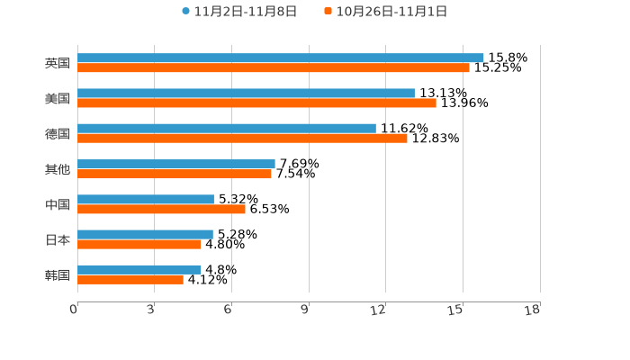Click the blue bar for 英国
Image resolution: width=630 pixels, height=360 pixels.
[x=281, y=58]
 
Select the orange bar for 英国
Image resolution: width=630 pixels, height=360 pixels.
[x=274, y=68]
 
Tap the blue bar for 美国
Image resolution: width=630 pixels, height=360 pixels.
[x=247, y=94]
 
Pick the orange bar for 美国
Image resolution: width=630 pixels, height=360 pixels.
[x=257, y=103]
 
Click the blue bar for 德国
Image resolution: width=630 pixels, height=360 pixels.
[x=227, y=129]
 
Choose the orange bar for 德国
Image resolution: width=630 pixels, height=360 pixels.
[x=243, y=139]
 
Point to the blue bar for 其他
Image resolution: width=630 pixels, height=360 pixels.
[x=176, y=165]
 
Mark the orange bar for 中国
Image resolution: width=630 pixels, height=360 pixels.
[x=162, y=210]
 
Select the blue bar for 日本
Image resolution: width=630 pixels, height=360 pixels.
[x=146, y=235]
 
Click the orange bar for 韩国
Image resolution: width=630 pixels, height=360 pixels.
[x=130, y=280]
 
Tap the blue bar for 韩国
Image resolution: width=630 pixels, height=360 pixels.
[x=139, y=270]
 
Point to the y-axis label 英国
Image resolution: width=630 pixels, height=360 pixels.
[x=58, y=64]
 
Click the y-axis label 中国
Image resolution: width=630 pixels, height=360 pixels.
[x=58, y=205]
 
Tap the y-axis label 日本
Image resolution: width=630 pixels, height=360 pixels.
[x=58, y=240]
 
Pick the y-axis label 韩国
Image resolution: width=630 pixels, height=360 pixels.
[x=58, y=275]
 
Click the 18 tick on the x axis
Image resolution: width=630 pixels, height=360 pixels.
[x=533, y=310]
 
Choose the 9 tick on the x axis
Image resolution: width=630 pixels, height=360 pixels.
[x=305, y=310]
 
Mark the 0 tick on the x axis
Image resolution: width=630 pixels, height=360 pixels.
[x=74, y=310]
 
